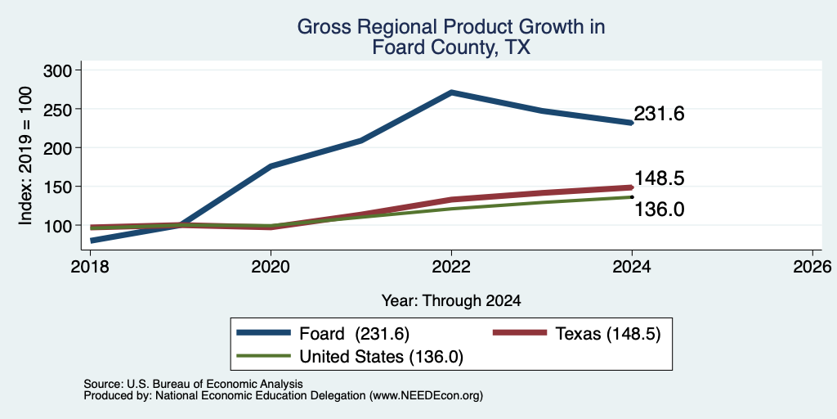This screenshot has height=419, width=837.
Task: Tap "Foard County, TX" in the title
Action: pos(451,47)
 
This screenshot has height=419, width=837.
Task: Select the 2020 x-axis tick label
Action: pos(271,266)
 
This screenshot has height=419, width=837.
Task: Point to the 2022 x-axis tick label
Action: pos(451,266)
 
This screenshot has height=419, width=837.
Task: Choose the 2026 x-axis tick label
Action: pos(812,266)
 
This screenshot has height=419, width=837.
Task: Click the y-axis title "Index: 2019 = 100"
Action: pos(25,156)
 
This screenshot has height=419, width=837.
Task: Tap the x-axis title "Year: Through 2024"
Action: pos(451,301)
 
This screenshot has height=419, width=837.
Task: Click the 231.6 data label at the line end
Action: pos(660,114)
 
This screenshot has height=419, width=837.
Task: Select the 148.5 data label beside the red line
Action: pos(660,178)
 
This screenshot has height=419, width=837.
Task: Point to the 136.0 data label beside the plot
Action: pos(660,209)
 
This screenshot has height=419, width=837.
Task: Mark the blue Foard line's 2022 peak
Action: pos(451,92)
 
